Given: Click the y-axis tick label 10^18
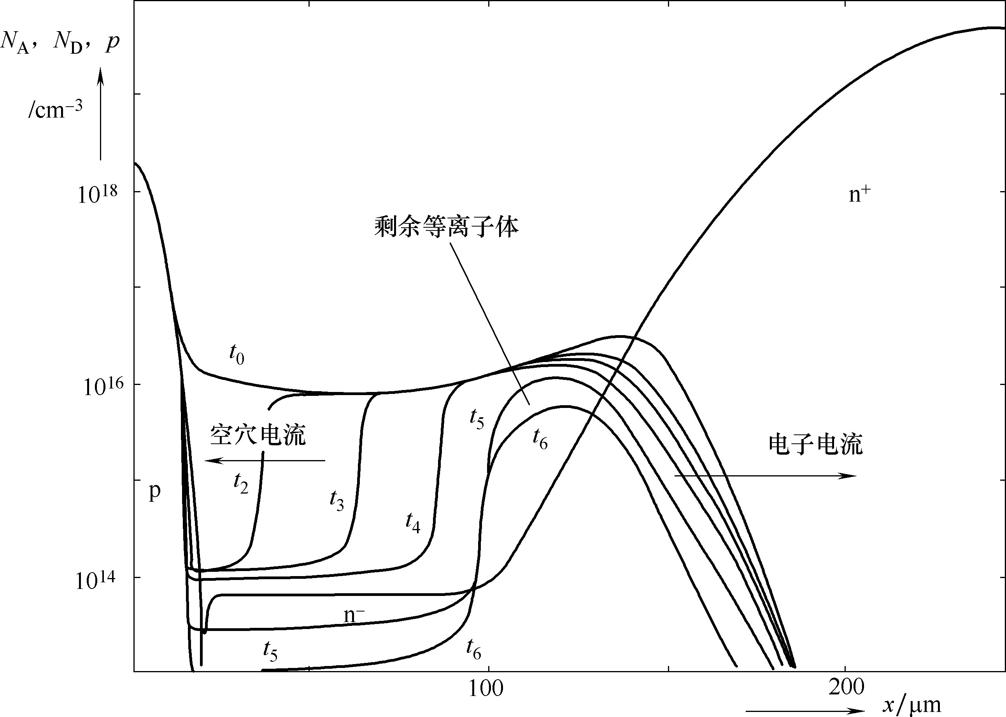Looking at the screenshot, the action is click(98, 194).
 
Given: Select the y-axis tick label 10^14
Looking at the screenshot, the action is click(95, 580).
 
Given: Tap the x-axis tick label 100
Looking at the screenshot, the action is click(485, 688).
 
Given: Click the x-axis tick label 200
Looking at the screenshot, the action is click(846, 687).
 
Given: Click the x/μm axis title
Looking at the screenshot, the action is click(911, 705).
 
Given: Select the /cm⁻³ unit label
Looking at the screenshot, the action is click(55, 109).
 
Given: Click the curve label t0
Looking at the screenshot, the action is click(237, 354).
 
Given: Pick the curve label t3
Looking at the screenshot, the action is click(337, 501).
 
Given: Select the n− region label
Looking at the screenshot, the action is click(354, 615).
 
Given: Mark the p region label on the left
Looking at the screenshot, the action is click(154, 491).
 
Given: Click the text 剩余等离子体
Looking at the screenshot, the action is click(447, 227).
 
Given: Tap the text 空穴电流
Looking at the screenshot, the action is click(258, 434).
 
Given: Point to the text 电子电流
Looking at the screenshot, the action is click(816, 445).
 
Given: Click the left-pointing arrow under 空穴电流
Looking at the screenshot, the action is click(265, 460).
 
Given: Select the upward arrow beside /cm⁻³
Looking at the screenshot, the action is click(101, 113).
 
